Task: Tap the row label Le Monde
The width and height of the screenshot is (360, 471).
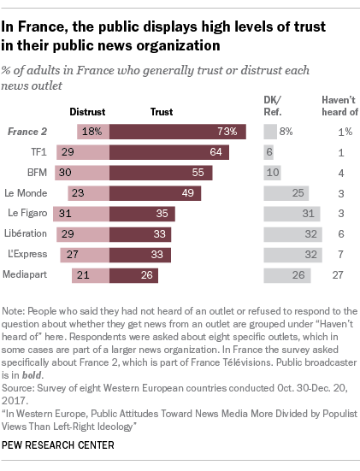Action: (x=27, y=192)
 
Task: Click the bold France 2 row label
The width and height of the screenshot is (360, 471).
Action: (x=27, y=132)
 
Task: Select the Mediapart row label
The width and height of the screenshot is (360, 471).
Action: (x=27, y=274)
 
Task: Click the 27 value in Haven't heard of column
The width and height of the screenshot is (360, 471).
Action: (x=339, y=274)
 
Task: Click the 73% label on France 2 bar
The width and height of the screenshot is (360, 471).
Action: (x=227, y=132)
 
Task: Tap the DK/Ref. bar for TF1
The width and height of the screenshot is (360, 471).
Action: (x=269, y=151)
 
